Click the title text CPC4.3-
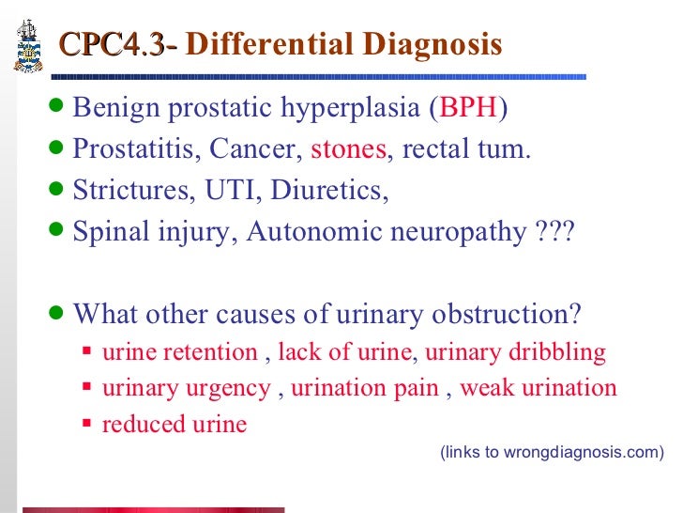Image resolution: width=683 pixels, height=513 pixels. (117, 45)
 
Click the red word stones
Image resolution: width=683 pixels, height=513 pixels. (348, 148)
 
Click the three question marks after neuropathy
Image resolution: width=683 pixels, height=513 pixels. (551, 230)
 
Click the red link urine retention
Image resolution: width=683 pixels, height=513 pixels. (179, 352)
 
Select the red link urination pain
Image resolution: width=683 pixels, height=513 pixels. (365, 388)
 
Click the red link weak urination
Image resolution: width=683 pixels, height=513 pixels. (539, 388)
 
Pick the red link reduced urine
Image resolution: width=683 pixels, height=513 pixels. (175, 424)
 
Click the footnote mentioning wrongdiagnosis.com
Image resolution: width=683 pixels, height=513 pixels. (551, 452)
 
